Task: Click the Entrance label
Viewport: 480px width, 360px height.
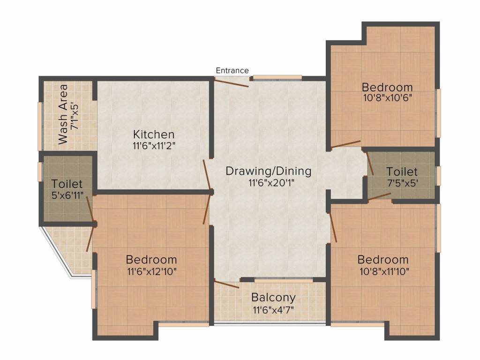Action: coord(232,71)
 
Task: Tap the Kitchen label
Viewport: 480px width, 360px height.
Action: coord(154,135)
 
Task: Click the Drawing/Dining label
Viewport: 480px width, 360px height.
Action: coord(268,171)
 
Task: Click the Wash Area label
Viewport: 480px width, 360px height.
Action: coord(63,114)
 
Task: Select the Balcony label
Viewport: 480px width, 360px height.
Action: coord(273,298)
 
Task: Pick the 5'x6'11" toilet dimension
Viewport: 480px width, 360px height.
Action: coord(67,195)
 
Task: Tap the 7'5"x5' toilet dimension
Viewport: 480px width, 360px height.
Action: coord(403,183)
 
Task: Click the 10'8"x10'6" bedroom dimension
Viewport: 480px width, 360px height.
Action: coord(388,98)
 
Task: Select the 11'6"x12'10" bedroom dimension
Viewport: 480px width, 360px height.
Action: coord(152,271)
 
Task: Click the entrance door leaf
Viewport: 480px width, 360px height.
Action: coord(231,82)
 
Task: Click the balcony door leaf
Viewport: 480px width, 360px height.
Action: coord(226,285)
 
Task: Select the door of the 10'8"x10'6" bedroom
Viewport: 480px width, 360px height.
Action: coord(346,144)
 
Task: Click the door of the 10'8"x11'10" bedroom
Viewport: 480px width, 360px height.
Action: coord(333,227)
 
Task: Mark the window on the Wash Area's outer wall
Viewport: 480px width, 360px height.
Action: coord(40,126)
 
